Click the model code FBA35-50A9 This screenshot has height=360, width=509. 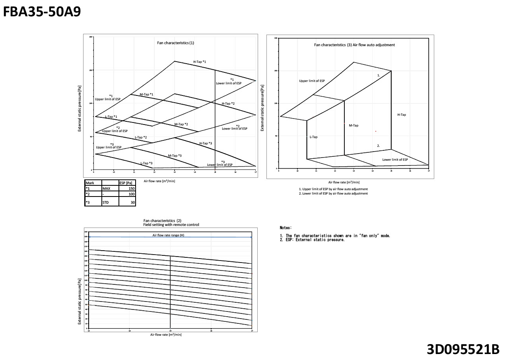(42, 12)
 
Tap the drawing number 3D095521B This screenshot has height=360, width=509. (462, 349)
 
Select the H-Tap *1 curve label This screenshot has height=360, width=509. (200, 62)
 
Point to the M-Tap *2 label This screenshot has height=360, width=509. (181, 124)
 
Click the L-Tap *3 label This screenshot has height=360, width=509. (146, 163)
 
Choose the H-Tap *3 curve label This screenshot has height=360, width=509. (206, 143)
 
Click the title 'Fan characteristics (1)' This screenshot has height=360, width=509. (175, 43)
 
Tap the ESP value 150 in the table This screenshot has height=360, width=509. (131, 188)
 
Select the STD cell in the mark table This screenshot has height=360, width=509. (105, 202)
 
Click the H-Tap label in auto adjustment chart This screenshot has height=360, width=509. (402, 115)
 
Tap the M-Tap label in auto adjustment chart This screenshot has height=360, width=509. (354, 125)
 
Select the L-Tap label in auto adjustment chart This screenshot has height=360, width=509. (313, 137)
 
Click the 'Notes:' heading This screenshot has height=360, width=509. (286, 228)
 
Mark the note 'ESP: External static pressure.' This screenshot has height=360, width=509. (315, 240)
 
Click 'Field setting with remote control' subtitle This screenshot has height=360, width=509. (171, 225)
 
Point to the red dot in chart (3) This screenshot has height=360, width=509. (375, 131)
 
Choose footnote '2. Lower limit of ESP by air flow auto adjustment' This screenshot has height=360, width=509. (333, 193)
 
